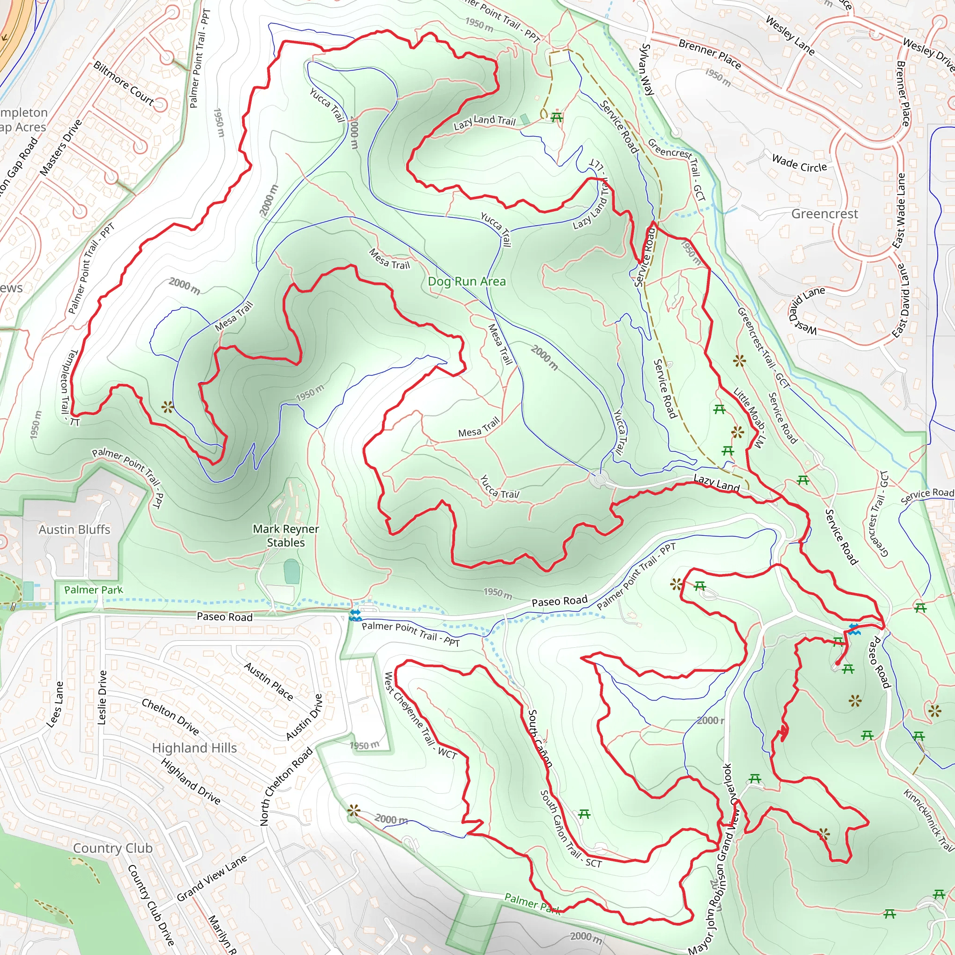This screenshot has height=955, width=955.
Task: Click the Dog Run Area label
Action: pyautogui.click(x=467, y=282)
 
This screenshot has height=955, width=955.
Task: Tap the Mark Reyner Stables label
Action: pyautogui.click(x=286, y=535)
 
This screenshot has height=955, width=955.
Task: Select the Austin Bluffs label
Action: pyautogui.click(x=74, y=529)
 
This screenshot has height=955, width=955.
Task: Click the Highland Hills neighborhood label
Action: pyautogui.click(x=194, y=748)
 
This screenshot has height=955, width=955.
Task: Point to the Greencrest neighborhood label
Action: pyautogui.click(x=824, y=214)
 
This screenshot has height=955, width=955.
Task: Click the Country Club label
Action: pyautogui.click(x=113, y=848)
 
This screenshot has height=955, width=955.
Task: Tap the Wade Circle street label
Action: pyautogui.click(x=799, y=163)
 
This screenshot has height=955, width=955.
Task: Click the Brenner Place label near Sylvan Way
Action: pyautogui.click(x=709, y=55)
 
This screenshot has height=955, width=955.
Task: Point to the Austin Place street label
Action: pyautogui.click(x=269, y=682)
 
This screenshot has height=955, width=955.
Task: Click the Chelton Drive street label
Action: pyautogui.click(x=170, y=717)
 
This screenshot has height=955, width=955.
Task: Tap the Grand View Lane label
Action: pyautogui.click(x=212, y=879)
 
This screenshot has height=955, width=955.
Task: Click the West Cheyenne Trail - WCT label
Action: pyautogui.click(x=420, y=715)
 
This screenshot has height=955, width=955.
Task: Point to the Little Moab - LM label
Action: pyautogui.click(x=749, y=418)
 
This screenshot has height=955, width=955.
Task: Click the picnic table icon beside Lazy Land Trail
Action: pyautogui.click(x=557, y=118)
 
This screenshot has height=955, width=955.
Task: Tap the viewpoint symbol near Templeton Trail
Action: pyautogui.click(x=167, y=407)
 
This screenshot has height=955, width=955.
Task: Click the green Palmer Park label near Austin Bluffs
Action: pyautogui.click(x=93, y=590)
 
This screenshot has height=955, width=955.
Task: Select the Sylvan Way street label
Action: pyautogui.click(x=647, y=69)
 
